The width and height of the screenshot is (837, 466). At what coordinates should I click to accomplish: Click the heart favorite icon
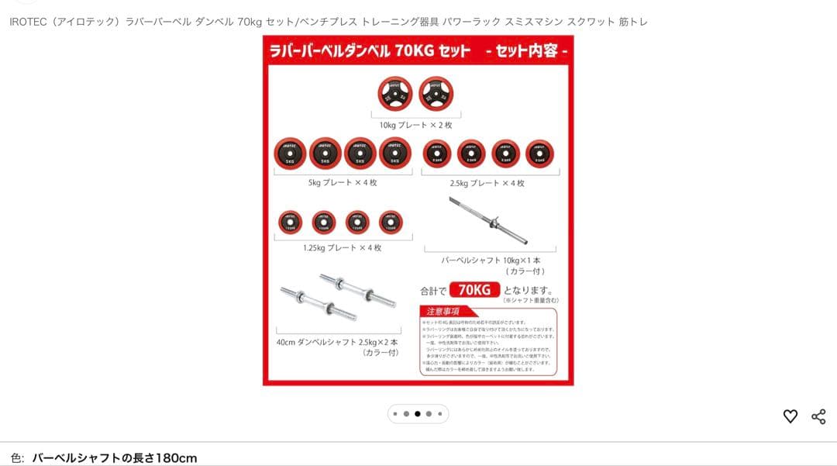(x=790, y=416)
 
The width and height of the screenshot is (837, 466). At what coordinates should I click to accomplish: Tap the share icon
(x=818, y=416)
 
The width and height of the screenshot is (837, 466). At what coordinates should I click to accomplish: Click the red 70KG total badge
(x=474, y=290)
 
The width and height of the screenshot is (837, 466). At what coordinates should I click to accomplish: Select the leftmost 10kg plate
(x=395, y=94)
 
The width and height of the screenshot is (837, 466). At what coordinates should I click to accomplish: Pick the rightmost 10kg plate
(x=436, y=94)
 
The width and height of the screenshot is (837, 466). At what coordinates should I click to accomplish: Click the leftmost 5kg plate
(x=290, y=154)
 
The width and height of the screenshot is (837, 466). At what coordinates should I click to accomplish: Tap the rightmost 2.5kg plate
(x=539, y=154)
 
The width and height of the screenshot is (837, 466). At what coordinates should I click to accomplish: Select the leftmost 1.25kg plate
(x=290, y=223)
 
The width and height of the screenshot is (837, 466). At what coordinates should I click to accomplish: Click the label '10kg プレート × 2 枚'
(x=415, y=125)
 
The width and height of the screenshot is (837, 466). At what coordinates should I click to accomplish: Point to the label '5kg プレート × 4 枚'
(x=343, y=183)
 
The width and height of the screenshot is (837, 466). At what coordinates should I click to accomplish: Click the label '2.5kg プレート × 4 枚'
(x=487, y=184)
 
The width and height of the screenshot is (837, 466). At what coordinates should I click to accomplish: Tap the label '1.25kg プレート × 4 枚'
(x=342, y=248)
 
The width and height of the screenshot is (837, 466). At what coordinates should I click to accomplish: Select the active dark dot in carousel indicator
(x=417, y=414)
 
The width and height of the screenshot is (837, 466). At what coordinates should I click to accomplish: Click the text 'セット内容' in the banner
(x=526, y=52)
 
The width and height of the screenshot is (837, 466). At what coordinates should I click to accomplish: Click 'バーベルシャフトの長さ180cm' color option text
(x=114, y=458)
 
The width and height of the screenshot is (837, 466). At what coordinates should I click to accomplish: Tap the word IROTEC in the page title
(x=27, y=22)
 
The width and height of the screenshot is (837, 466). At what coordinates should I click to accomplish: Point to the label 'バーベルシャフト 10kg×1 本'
(x=491, y=261)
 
